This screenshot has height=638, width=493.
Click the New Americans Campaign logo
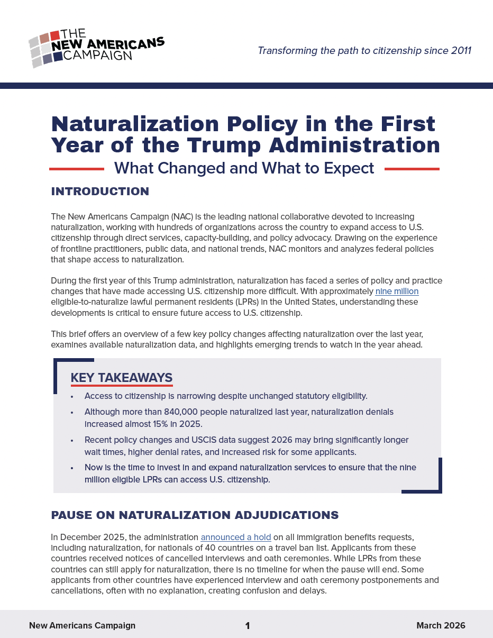click(x=96, y=48)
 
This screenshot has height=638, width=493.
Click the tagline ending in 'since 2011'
click(x=364, y=51)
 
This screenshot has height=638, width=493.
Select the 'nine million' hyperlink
click(x=397, y=291)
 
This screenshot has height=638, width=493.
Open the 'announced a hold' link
click(x=235, y=537)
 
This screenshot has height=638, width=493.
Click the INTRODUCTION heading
click(x=100, y=192)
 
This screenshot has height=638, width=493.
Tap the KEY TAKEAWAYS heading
click(x=121, y=378)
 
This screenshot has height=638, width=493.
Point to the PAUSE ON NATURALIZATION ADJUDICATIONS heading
click(x=195, y=515)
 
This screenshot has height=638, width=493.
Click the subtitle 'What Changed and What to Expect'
click(x=244, y=168)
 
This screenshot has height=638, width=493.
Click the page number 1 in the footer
click(x=247, y=626)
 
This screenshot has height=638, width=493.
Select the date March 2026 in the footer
click(x=441, y=625)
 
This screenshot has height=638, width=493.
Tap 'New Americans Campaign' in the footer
click(x=82, y=625)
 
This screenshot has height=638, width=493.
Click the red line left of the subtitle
click(x=76, y=169)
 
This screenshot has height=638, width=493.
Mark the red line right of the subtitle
click(x=412, y=169)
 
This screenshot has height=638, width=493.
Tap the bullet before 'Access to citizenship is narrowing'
click(x=72, y=396)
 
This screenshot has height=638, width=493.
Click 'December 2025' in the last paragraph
click(x=85, y=537)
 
